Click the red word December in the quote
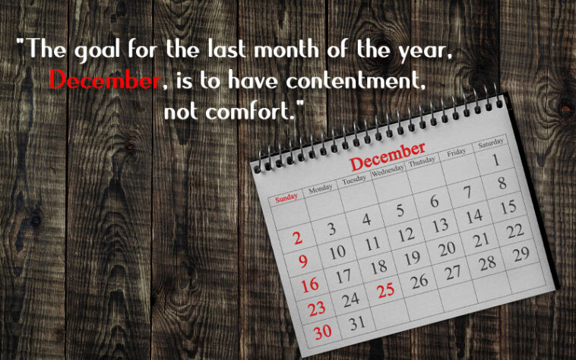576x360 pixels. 104,80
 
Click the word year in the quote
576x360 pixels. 430,51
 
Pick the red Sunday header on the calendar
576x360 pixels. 286,198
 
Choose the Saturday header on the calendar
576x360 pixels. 491,143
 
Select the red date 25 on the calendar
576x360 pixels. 386,289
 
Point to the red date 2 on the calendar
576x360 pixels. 298,238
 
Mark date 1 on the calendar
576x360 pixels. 495,160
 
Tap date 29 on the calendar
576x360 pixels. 521,254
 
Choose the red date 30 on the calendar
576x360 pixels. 322,333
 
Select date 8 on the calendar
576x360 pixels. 502,183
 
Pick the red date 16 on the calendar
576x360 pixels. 309,286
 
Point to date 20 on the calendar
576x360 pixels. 447,248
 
